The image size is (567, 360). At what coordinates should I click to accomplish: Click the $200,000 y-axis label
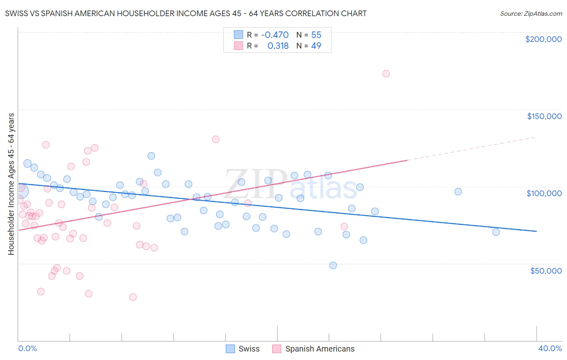543,39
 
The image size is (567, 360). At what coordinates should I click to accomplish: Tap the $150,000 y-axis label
544,116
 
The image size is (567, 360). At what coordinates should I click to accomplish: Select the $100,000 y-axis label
544,193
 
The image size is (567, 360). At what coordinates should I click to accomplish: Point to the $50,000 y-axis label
546,270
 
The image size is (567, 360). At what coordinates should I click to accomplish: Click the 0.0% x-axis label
27,348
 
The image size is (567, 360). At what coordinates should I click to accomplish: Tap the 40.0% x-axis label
550,348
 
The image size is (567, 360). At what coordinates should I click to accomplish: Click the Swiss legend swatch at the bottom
230,349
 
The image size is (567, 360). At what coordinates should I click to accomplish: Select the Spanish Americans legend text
320,349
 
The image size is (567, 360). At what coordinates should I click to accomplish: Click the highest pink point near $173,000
386,73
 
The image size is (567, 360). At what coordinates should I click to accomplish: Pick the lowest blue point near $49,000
333,265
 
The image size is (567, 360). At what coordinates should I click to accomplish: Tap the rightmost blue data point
496,232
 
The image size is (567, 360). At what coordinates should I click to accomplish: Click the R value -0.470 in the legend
275,35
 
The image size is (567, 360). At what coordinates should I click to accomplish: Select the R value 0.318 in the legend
278,46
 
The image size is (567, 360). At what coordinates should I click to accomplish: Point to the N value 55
316,35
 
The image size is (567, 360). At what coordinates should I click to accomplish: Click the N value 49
316,46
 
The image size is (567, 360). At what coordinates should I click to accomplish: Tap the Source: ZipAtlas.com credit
531,14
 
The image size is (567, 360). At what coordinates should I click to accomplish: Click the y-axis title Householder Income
11,184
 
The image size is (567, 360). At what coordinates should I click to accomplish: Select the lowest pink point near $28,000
133,297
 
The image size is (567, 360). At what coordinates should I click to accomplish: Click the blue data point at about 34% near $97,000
458,192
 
